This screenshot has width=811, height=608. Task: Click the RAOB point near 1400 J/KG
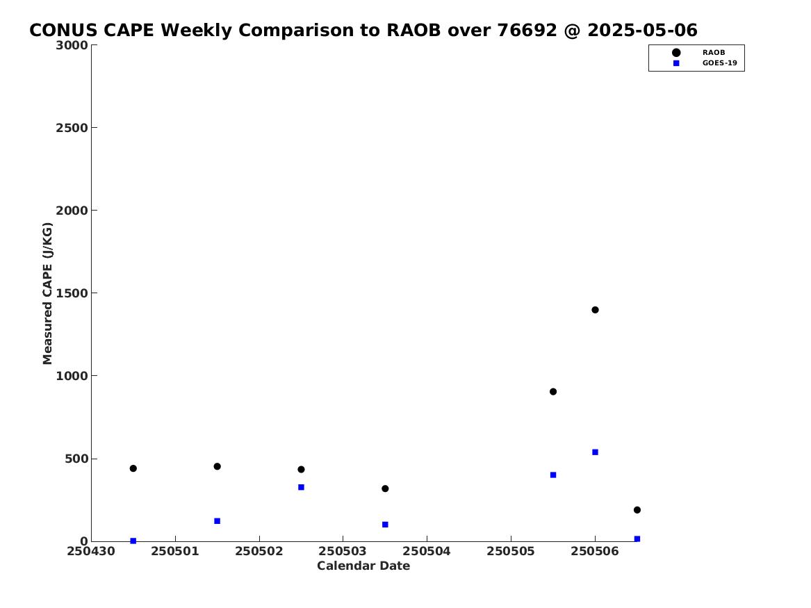pos(595,310)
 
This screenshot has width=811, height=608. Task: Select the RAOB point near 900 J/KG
pos(553,391)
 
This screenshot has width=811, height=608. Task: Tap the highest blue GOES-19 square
pos(595,452)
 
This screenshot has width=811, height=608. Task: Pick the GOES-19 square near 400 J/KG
pos(553,475)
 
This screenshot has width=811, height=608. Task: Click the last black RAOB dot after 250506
pos(637,510)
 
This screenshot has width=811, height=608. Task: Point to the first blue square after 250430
pos(133,541)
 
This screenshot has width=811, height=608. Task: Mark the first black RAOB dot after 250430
pos(133,468)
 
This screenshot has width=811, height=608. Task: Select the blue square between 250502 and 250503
pos(301,487)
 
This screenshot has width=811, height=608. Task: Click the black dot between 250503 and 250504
pos(385,488)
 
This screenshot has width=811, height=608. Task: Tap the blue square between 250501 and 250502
pos(218,521)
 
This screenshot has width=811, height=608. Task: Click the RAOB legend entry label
pos(713,52)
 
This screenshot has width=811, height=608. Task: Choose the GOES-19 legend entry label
pos(719,63)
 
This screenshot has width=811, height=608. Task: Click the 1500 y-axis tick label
pos(72,293)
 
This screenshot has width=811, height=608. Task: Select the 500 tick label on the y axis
pos(76,459)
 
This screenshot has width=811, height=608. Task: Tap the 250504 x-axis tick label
pos(427,551)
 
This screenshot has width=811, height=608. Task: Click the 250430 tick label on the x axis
pos(91,551)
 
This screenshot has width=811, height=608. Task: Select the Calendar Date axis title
pos(363,566)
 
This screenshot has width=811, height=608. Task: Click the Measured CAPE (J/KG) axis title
pos(47,293)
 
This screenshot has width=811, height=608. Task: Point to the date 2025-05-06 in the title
pos(642,31)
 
